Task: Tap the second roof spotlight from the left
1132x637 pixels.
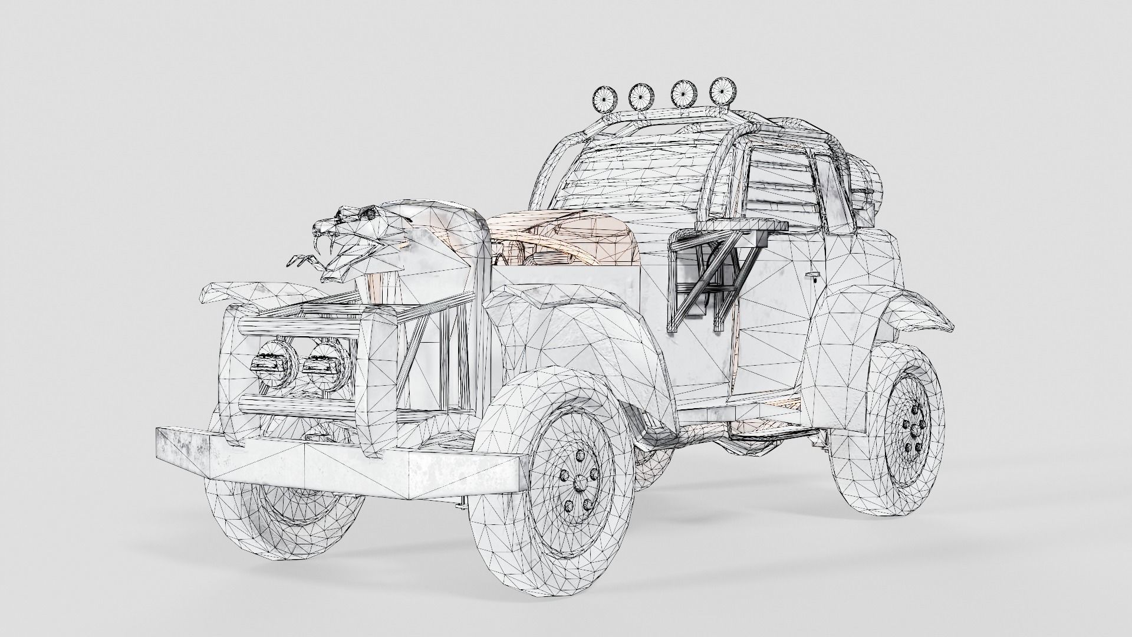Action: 639,96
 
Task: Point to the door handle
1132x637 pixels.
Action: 814,275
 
